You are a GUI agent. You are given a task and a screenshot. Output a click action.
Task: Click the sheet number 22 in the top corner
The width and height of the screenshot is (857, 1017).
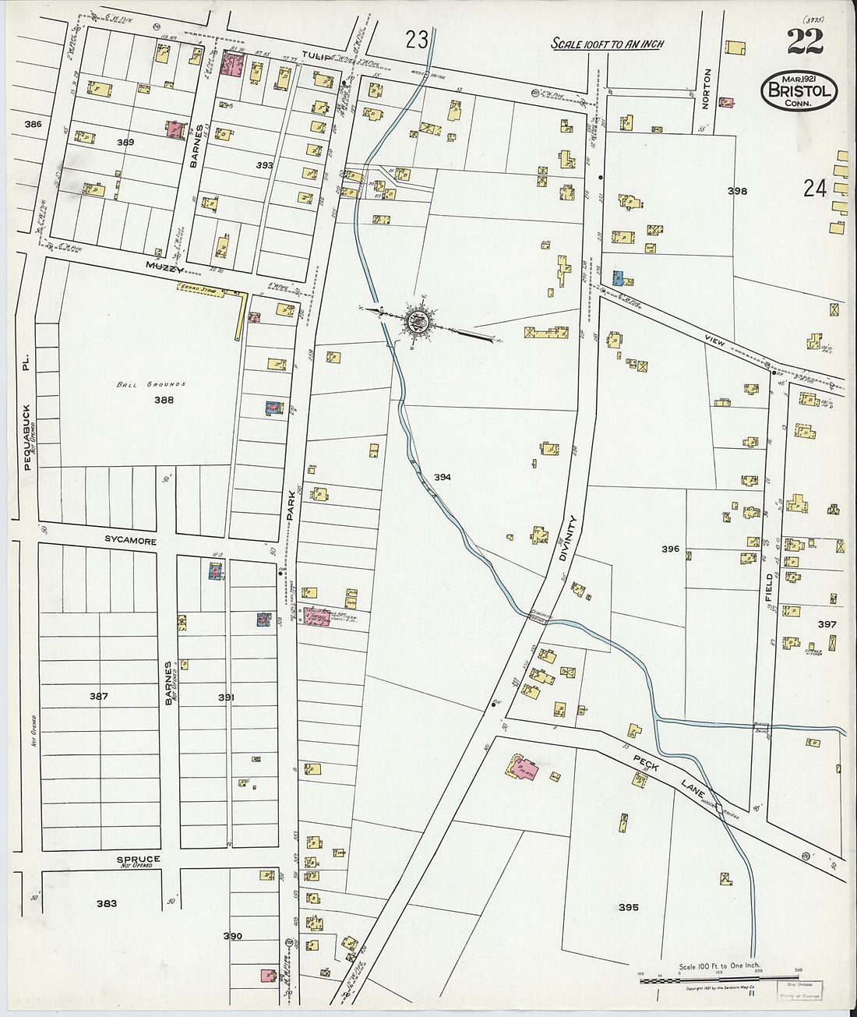pos(805,41)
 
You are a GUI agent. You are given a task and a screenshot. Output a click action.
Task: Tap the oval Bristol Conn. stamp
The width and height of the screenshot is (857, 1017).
pos(799,90)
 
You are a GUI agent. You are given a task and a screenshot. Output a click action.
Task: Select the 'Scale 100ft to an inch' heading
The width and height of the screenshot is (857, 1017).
pos(607,44)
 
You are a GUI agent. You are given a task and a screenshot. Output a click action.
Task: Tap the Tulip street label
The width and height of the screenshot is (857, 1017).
pos(312,55)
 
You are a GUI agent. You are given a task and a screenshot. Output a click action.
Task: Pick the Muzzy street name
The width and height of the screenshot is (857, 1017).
pos(164,267)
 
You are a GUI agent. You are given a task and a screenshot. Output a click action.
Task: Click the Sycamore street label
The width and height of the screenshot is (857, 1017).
pos(131,540)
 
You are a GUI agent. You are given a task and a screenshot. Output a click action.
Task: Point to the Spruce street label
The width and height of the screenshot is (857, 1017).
pos(139,859)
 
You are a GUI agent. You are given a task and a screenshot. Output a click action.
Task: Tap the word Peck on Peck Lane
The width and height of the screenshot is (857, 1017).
pos(646,763)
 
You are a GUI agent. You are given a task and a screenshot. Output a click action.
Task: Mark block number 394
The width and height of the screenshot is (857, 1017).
pos(443,477)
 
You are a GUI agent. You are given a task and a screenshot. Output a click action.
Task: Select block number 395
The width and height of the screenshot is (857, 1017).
pos(628,907)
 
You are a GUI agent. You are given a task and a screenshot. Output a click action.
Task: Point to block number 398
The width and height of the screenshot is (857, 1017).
pos(736,191)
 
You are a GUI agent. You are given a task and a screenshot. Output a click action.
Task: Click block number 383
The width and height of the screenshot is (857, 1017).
pos(107,903)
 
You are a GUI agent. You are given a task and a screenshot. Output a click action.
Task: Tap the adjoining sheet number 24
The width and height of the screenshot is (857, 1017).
pos(815,188)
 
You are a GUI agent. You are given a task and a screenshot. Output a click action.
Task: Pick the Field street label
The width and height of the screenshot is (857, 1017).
pos(770,588)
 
